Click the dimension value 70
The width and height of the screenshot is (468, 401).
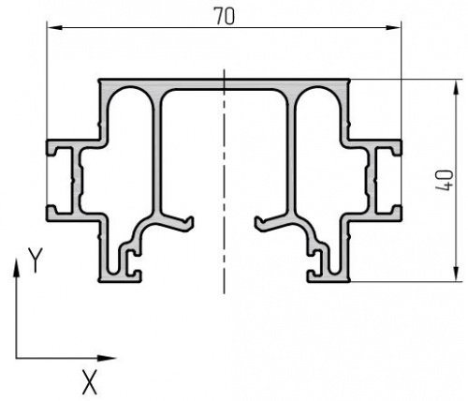click(x=224, y=17)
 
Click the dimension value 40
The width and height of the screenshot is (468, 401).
click(x=445, y=181)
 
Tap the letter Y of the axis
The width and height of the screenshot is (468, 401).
click(x=35, y=260)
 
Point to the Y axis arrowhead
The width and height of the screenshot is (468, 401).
click(x=16, y=268)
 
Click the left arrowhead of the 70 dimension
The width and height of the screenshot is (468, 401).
click(x=56, y=28)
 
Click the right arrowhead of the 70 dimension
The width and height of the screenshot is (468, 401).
click(x=391, y=28)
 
